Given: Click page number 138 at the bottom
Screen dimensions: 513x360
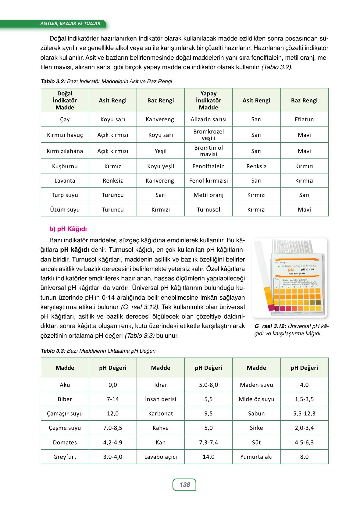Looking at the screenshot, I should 184,484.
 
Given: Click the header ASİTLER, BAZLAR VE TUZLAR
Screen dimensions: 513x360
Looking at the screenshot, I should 70,23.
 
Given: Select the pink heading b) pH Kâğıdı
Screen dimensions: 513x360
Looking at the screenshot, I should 68,229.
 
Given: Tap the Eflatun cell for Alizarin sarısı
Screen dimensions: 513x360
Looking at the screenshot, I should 304,119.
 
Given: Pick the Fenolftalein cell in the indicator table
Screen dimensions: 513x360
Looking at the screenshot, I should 209,166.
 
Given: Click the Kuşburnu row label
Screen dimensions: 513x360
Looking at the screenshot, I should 65,166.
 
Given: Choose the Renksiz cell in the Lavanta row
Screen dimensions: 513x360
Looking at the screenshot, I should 112,180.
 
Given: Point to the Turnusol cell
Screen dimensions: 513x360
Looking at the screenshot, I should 209,209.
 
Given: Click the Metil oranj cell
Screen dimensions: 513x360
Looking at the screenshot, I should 209,195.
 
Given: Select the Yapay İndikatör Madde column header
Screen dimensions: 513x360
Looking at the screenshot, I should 209,100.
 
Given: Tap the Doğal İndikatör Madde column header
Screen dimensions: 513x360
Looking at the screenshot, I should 65,100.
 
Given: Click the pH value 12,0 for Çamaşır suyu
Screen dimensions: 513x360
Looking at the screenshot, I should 112,413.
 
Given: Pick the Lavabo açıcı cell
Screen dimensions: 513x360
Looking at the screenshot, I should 160,457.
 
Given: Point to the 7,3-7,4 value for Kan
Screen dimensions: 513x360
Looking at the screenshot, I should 209,442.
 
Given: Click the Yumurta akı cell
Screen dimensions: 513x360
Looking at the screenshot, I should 256,457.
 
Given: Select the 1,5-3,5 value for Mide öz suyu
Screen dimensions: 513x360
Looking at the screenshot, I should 304,399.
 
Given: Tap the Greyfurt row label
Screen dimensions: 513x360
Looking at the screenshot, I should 65,457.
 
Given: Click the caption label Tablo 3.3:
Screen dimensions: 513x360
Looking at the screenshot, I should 53,351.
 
